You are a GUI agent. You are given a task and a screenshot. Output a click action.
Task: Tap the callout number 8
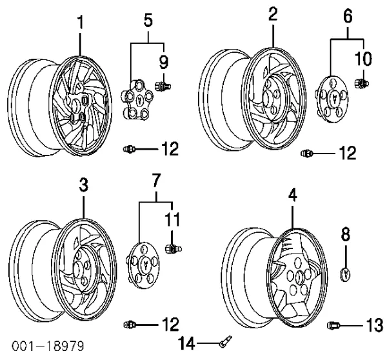(346, 234)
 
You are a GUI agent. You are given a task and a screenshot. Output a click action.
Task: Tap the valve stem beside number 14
(224, 339)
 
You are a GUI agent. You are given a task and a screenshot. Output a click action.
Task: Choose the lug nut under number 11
(172, 248)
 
